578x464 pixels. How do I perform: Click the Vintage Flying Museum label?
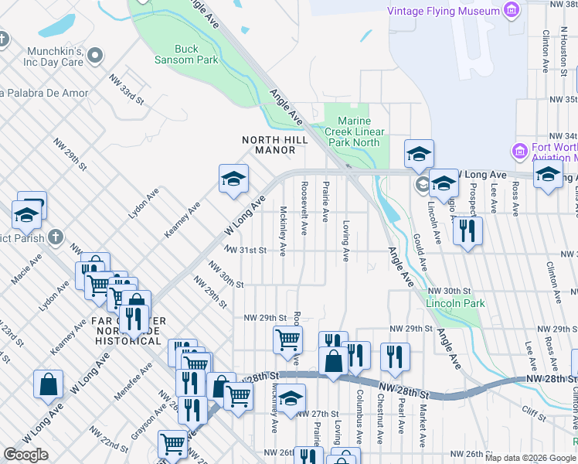(443, 11)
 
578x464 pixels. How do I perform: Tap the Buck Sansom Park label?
(196, 54)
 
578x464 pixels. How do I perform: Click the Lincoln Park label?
(455, 303)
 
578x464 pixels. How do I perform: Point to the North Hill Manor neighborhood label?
(275, 145)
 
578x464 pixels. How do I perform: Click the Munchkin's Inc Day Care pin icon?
(96, 55)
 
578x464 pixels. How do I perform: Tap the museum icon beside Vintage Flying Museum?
(510, 11)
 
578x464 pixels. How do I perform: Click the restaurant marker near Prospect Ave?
(467, 230)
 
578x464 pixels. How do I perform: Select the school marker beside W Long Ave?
(233, 179)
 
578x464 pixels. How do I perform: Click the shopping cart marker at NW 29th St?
(287, 338)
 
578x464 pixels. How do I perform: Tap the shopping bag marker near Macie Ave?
(48, 384)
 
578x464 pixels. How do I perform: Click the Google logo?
(25, 455)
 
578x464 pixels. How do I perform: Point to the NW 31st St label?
(247, 251)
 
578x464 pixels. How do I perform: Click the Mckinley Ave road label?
(284, 231)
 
